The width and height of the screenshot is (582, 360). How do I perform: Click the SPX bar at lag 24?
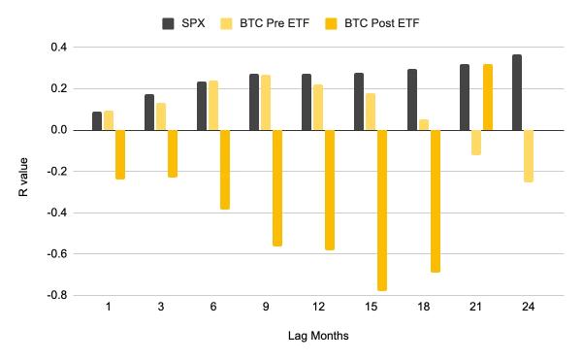pos(517,92)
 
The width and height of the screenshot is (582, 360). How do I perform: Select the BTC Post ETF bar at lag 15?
pos(382,210)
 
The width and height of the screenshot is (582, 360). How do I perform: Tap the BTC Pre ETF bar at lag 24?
pos(529,155)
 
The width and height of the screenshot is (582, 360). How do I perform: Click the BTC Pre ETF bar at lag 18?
pos(423,124)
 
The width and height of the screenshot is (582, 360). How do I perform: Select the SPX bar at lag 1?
pos(97,120)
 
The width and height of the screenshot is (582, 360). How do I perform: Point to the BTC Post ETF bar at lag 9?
pos(277,187)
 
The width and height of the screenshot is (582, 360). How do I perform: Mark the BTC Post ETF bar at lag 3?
pos(173,153)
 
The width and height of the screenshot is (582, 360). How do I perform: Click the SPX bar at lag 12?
pos(307,102)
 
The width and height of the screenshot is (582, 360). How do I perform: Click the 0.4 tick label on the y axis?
pos(57,47)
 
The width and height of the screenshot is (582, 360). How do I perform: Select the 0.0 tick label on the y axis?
pos(57,130)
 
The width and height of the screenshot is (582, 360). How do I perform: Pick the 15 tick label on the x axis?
pos(371,307)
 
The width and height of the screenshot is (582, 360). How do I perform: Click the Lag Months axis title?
pos(318,336)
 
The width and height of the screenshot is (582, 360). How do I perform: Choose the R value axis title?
pos(23,172)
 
